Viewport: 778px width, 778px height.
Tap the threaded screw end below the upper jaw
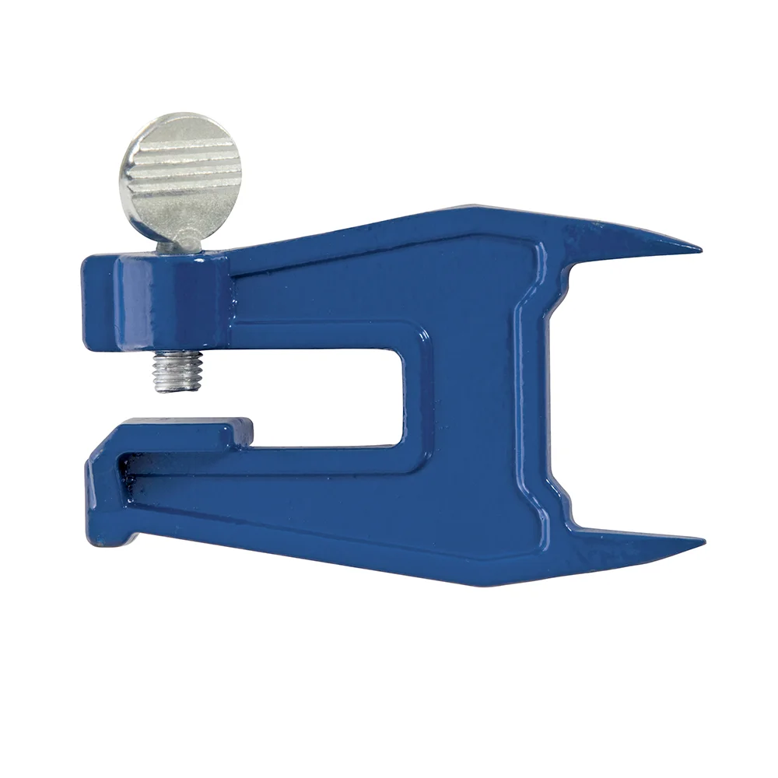click(x=179, y=370)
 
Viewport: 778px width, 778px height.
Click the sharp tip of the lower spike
click(x=701, y=542)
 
